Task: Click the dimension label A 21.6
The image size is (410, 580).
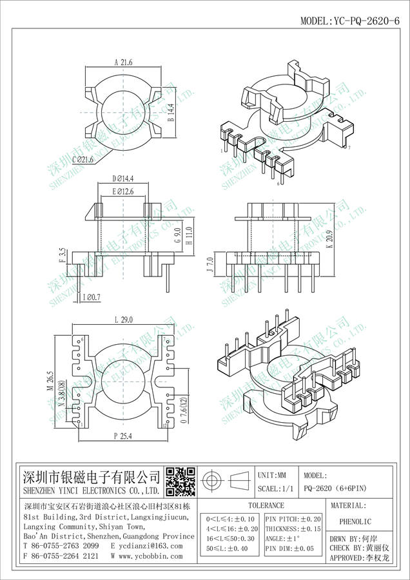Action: click(123, 63)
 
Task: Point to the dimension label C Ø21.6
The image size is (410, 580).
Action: click(83, 159)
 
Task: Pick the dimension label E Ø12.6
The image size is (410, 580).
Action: click(123, 191)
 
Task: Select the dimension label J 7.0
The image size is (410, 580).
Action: click(209, 264)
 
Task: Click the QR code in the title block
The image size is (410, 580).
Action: click(181, 479)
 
